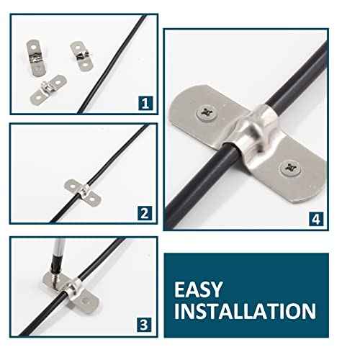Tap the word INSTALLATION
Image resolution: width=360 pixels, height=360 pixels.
(245, 311)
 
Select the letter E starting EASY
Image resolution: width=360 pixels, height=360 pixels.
(180, 289)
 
